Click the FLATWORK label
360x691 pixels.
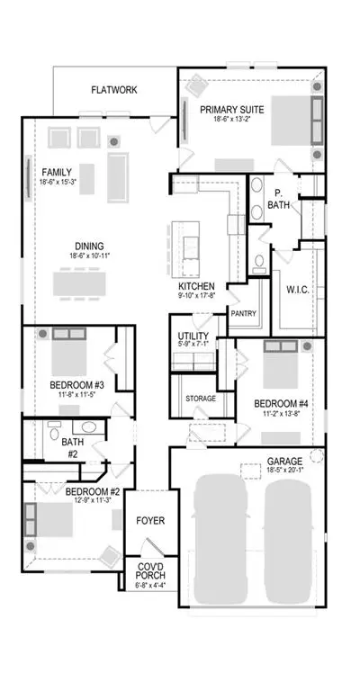point(114,90)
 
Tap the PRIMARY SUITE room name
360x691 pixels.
point(232,109)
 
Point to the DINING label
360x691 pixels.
point(89,247)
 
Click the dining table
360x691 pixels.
point(80,283)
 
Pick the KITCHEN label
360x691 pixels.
point(196,286)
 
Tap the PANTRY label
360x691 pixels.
point(243,314)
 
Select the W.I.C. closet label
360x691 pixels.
point(297,291)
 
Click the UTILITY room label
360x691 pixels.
point(193,337)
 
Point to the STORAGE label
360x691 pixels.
point(201,399)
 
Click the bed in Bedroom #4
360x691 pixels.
point(281,363)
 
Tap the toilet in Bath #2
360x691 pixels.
point(54,432)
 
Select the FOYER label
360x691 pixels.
point(150,521)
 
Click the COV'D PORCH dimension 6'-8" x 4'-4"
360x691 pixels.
point(150,586)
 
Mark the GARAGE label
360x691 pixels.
point(284,462)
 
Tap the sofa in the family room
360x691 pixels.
point(118,177)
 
